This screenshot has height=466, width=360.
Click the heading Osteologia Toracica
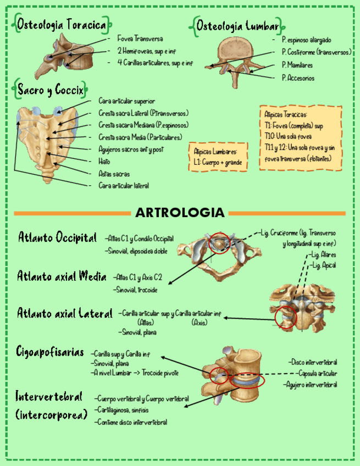[62, 25]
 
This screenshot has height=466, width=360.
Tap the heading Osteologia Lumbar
[238, 26]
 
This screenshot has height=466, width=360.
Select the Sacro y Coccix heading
[50, 89]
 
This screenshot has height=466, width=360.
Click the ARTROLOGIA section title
[180, 213]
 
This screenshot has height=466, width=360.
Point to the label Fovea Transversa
[140, 39]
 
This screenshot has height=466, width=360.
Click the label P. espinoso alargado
[306, 40]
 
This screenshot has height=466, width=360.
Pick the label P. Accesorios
[298, 78]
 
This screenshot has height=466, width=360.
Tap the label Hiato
[104, 162]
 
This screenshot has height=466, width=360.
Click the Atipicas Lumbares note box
[218, 157]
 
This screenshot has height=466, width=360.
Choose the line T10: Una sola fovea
[289, 136]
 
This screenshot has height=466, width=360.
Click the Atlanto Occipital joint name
[58, 238]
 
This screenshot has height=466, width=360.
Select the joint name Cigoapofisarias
[50, 352]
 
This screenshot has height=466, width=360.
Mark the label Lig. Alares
[324, 255]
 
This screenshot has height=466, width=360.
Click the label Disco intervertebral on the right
[314, 362]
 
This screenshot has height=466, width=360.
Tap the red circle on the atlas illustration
[220, 243]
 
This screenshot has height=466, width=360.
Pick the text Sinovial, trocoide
[136, 289]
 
